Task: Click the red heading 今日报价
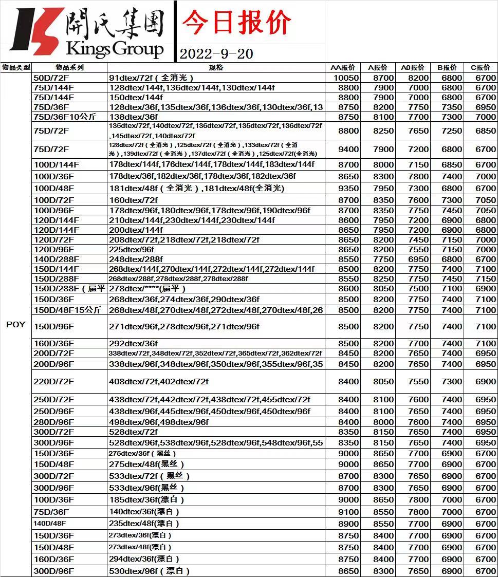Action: (237, 23)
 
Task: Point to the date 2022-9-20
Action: (216, 53)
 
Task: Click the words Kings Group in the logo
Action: (115, 49)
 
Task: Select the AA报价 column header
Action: (343, 67)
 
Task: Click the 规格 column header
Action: (216, 67)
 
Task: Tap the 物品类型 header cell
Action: (16, 67)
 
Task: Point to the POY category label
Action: (16, 324)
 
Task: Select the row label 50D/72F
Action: (50, 78)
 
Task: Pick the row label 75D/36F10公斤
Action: (65, 117)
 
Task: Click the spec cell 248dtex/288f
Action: (136, 259)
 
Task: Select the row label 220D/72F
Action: (53, 382)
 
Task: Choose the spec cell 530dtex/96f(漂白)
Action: (150, 571)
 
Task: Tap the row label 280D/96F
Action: (53, 422)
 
